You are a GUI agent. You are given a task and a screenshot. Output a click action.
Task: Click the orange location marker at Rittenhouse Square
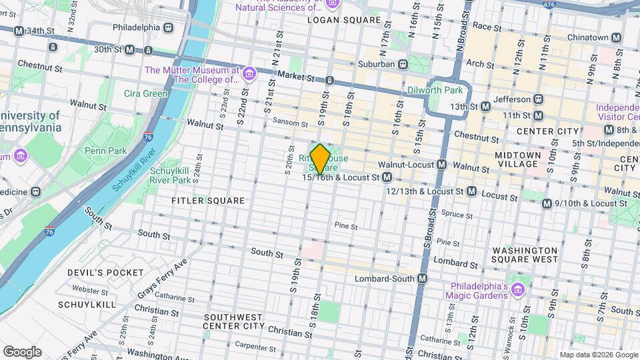[x=320, y=159]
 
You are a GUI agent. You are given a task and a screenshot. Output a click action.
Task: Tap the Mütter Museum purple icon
[x=249, y=72]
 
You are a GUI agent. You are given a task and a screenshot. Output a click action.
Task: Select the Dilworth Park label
[x=434, y=90]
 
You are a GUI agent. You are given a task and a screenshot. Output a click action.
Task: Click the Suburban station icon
[x=403, y=65]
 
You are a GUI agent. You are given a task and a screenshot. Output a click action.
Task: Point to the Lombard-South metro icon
[x=422, y=278]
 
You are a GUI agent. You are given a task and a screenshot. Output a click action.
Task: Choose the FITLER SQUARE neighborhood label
[x=207, y=200]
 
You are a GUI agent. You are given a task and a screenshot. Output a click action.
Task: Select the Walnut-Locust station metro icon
[x=441, y=164]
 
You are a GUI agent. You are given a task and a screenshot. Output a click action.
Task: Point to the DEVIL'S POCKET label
[x=105, y=272]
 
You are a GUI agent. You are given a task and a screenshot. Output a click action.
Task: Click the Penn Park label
[x=105, y=151]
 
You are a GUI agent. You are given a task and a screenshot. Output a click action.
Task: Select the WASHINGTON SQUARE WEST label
[x=525, y=255]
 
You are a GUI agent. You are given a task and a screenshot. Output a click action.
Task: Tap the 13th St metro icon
[x=485, y=106]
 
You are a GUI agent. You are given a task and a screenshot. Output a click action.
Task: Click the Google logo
[x=22, y=352]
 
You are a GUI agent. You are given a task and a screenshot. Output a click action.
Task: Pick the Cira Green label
[x=145, y=93]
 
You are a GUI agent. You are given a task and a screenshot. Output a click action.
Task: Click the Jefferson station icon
[x=539, y=99]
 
